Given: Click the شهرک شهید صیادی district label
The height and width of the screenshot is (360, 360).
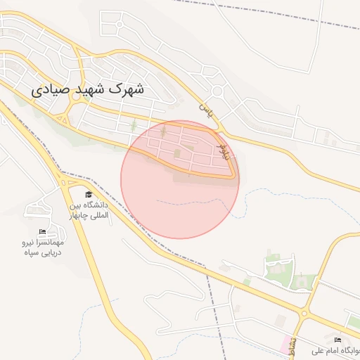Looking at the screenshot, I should pos(88,90).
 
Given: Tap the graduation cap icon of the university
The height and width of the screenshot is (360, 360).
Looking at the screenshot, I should pos(89,195).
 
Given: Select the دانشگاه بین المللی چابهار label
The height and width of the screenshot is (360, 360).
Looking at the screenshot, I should pos(89,210).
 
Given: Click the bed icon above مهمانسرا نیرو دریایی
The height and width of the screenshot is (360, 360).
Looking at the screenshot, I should pos(42,232).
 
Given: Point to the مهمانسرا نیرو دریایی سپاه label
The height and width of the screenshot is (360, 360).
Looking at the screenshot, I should pos(41,247).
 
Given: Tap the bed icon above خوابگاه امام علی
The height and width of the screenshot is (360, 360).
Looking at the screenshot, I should pos(337,340).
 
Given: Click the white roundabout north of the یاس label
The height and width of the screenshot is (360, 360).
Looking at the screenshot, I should pos(217,91).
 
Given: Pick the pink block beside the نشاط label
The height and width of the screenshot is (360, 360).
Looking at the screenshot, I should pos(286,345).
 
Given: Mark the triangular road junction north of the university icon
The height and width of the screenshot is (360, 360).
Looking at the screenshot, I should pos(67,182).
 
